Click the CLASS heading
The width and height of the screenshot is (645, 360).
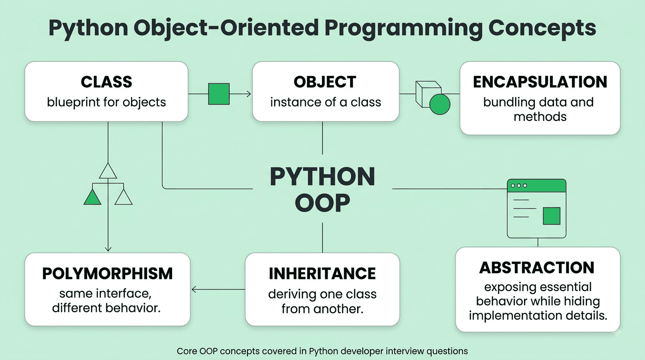coord(106,82)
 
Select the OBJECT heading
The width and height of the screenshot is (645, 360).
coord(325,82)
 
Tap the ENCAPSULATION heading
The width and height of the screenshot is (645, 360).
coord(540,82)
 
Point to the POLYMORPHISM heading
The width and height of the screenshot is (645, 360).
coord(107,273)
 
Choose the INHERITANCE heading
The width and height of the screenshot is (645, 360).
coord(322,273)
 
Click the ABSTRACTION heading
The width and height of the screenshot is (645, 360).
coord(537,268)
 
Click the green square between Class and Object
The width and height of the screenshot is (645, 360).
coord(219,94)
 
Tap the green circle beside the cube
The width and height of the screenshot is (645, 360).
coord(440,104)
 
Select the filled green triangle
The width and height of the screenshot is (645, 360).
coord(92,197)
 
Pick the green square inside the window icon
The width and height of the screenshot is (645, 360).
coord(551,216)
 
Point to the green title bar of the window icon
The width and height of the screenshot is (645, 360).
coord(536,186)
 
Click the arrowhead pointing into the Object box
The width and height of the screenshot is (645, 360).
coord(249,94)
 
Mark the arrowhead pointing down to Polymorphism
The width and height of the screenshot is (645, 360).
coord(108,249)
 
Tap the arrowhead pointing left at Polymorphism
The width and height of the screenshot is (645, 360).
coord(194,289)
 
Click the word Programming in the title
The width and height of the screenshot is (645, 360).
coord(404,29)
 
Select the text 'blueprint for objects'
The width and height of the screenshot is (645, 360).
coord(106,102)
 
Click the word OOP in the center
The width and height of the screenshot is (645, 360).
coord(322,203)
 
